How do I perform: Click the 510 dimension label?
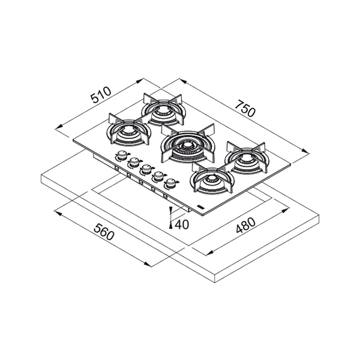pyautogui.click(x=101, y=95)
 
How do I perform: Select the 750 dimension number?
pyautogui.click(x=245, y=108)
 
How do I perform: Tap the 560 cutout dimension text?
pyautogui.click(x=104, y=232)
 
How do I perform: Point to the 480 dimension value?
pyautogui.click(x=245, y=225)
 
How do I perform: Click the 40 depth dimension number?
pyautogui.click(x=182, y=224)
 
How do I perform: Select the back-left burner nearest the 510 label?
pyautogui.click(x=163, y=110)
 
